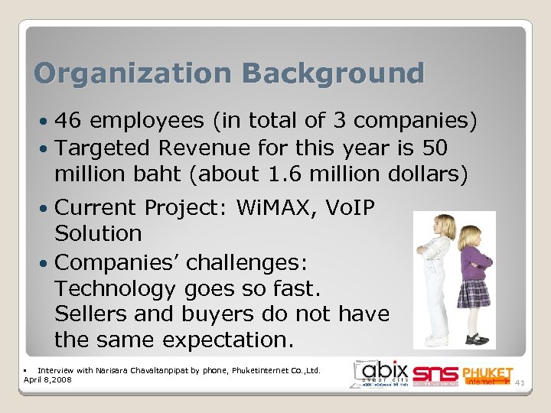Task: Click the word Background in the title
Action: pos(333,73)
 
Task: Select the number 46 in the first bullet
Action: pos(70,120)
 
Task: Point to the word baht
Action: pos(171,174)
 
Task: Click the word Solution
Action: pos(99,233)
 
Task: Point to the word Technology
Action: pos(115,289)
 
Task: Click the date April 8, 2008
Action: pos(47,379)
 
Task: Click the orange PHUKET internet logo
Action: pos(487,375)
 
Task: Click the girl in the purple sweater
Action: pos(474,279)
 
